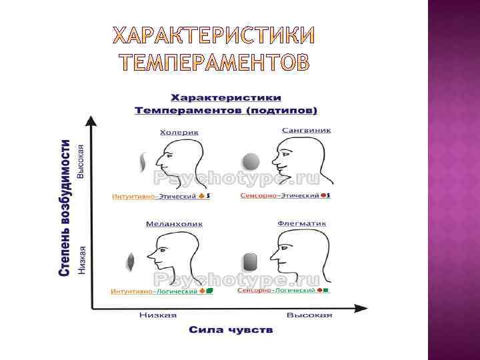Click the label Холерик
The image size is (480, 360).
(x=179, y=133)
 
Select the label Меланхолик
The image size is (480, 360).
(x=174, y=224)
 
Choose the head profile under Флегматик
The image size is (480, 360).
(x=297, y=253)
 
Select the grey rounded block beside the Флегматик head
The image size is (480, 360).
(x=251, y=262)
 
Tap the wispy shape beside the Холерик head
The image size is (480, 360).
(x=142, y=162)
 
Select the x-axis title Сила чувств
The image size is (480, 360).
(x=231, y=330)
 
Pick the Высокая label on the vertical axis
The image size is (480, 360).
(x=81, y=160)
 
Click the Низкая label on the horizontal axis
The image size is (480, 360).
(x=158, y=315)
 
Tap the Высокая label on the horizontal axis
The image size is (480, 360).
(x=309, y=315)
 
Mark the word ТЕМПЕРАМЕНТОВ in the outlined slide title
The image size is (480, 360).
(x=214, y=62)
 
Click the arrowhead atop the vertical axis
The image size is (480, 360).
(x=91, y=121)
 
